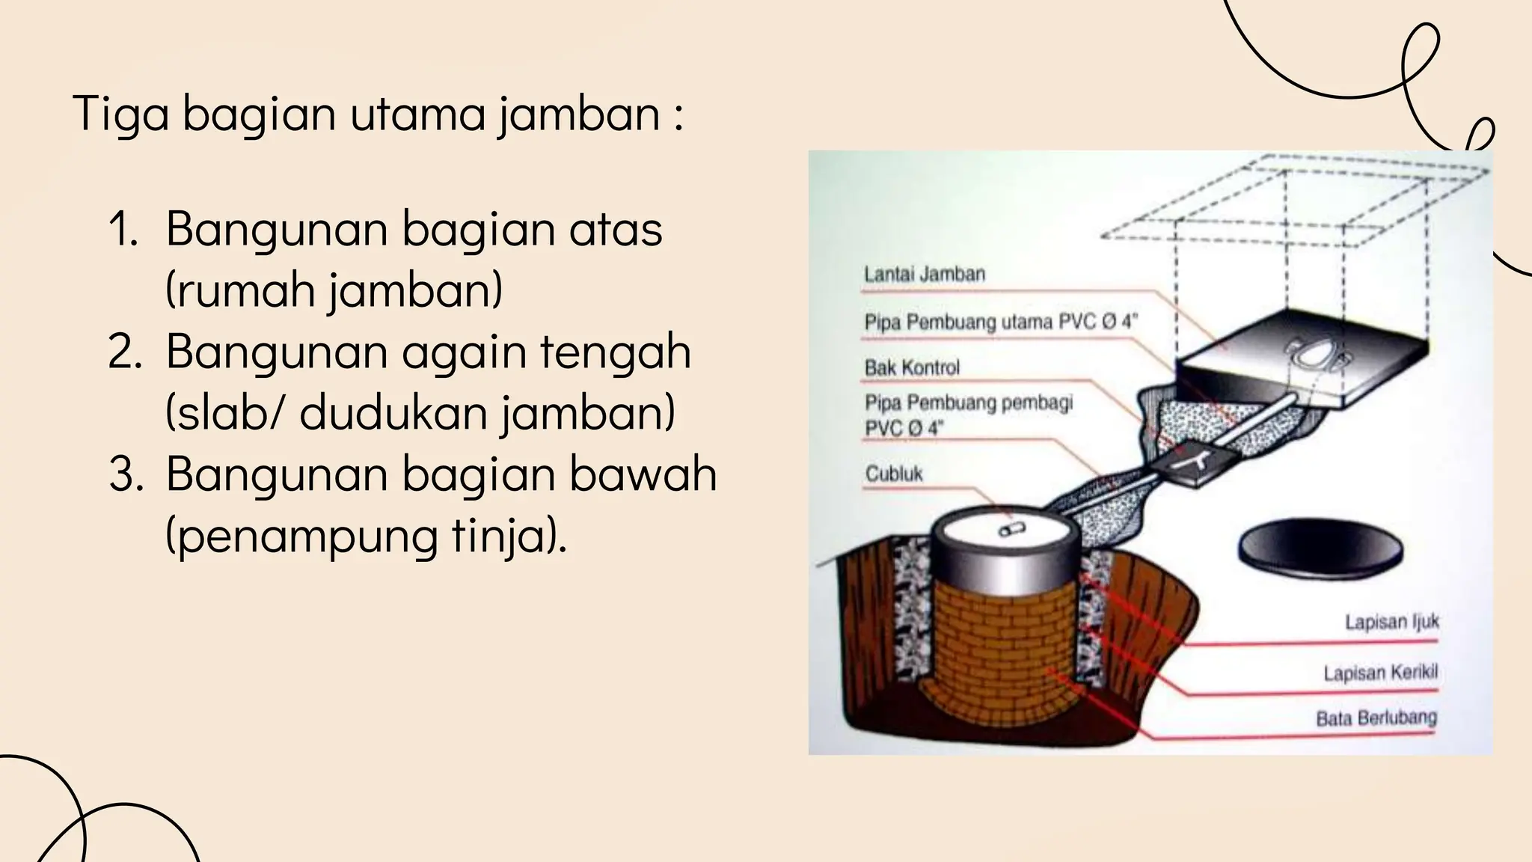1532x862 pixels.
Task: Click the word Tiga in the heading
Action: [120, 114]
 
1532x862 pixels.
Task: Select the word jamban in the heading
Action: [579, 114]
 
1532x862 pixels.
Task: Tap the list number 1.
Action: [123, 229]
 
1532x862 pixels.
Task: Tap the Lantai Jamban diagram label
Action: [925, 274]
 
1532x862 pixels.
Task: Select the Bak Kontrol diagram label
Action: [912, 367]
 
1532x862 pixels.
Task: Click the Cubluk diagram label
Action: [894, 474]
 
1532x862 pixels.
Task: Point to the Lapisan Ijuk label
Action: [1391, 623]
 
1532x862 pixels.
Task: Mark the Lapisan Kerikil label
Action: [1380, 673]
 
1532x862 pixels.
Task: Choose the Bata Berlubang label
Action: [1376, 718]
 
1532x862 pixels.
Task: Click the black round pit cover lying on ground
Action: [1320, 551]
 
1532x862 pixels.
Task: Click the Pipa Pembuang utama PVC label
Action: [1000, 323]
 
